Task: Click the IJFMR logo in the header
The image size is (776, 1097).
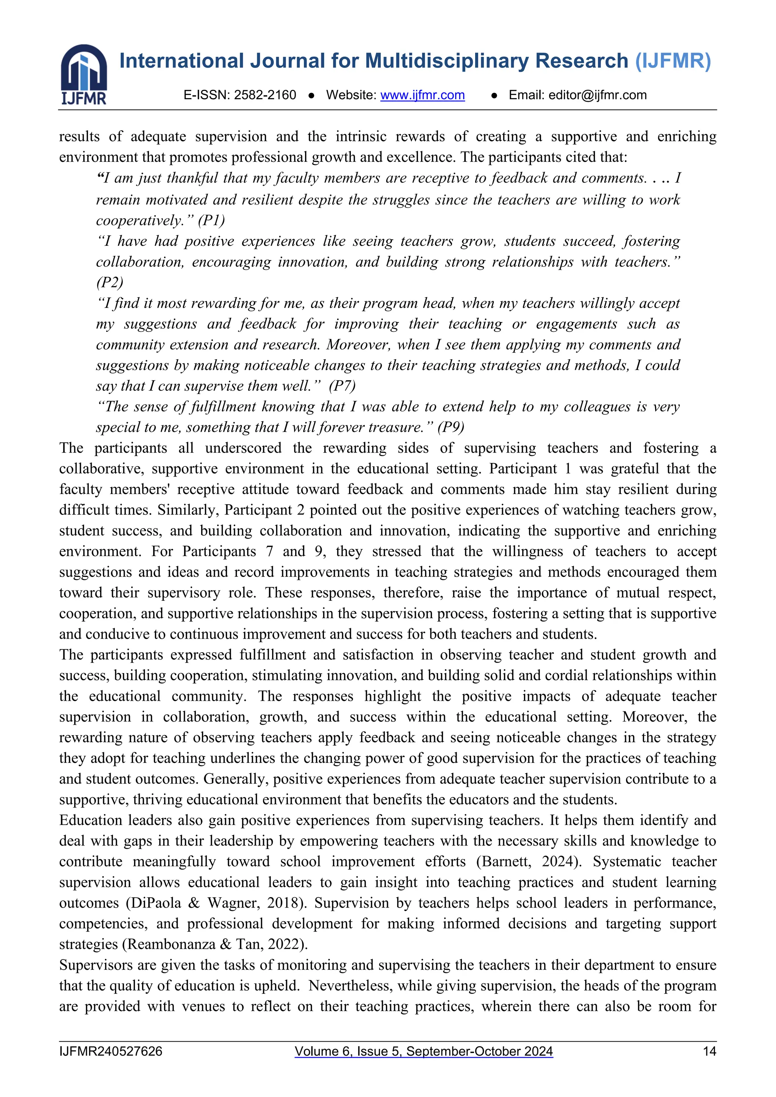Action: click(x=84, y=74)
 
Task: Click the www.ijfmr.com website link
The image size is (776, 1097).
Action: click(x=422, y=95)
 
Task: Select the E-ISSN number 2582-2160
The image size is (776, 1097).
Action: click(x=265, y=95)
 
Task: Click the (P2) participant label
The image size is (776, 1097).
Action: click(x=110, y=282)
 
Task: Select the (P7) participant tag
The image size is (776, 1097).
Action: click(x=342, y=386)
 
